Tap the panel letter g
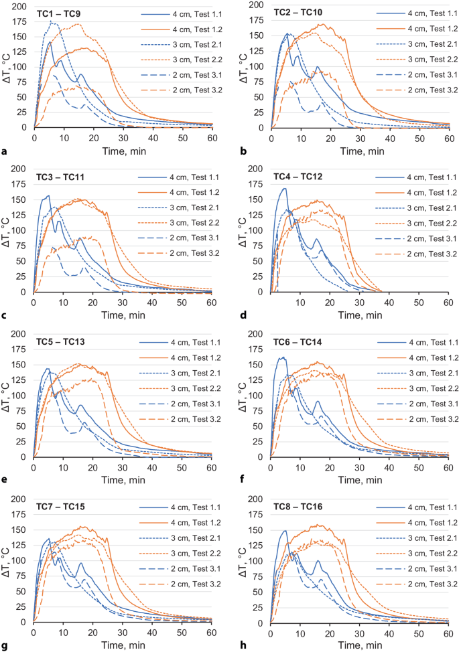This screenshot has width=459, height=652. click(5, 646)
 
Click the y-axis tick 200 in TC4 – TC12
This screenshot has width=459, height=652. click(257, 168)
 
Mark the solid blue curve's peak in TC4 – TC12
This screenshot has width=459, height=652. click(284, 188)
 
